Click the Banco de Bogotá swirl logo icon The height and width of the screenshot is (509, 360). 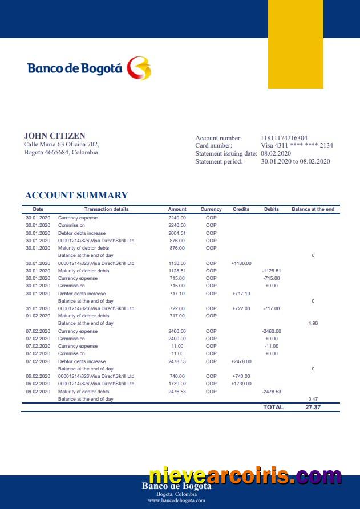[x=139, y=68]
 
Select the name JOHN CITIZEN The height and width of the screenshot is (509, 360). [x=55, y=136]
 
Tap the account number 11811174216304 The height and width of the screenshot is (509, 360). [x=284, y=138]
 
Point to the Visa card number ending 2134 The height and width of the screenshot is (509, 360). [x=297, y=145]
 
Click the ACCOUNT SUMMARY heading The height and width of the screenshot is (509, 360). [x=76, y=195]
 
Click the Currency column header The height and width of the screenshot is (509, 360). [x=211, y=209]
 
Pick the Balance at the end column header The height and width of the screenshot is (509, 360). [x=313, y=209]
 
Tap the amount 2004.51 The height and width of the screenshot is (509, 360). [x=177, y=233]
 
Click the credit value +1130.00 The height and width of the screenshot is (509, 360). [x=241, y=263]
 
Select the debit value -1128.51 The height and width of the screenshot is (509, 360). [x=272, y=271]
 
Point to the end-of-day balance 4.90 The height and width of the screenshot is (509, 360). [x=313, y=323]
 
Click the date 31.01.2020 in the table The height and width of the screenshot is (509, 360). [x=38, y=308]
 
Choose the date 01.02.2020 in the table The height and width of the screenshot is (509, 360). [x=38, y=316]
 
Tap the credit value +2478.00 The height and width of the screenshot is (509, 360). [x=241, y=361]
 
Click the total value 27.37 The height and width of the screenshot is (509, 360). [x=313, y=408]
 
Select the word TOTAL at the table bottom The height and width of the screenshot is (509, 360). [x=273, y=408]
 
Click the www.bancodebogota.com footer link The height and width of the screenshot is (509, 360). [x=176, y=500]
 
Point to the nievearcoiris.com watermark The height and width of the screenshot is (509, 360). [x=245, y=476]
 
